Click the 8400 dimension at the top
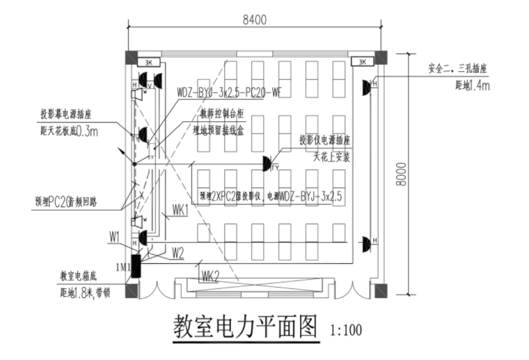[x=255, y=20]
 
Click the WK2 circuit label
[x=211, y=277]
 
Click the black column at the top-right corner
[x=381, y=57]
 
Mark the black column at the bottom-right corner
[x=381, y=289]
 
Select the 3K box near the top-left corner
[x=148, y=62]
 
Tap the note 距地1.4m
[x=473, y=86]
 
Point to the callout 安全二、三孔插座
[x=457, y=68]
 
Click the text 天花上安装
[x=324, y=157]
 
